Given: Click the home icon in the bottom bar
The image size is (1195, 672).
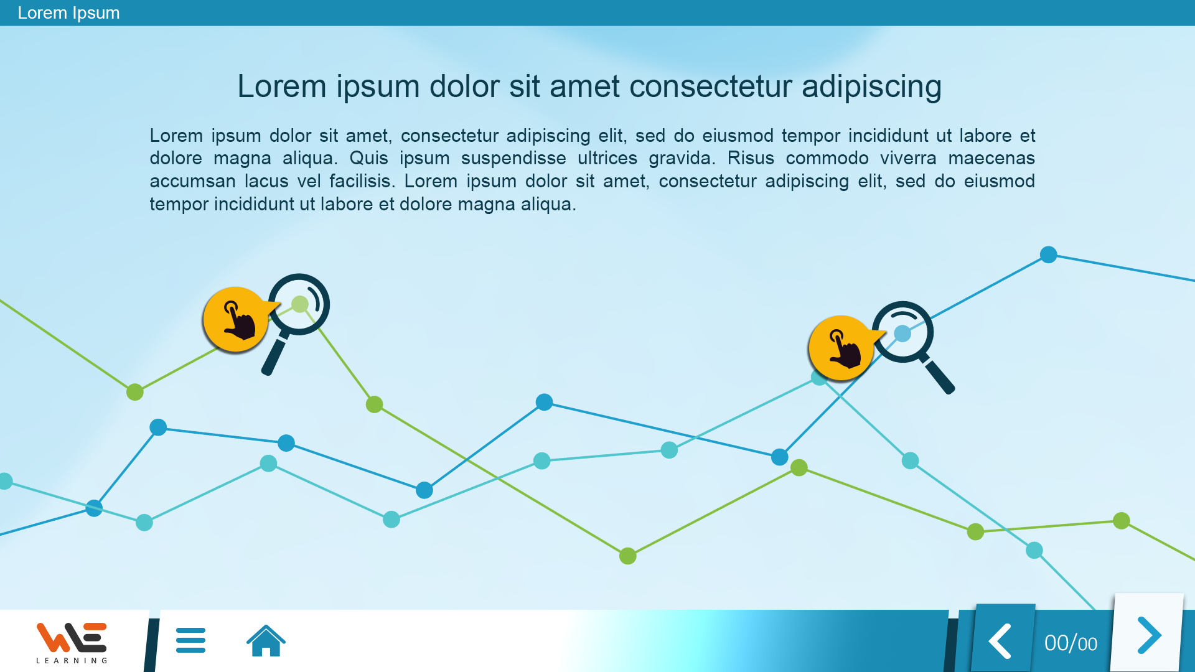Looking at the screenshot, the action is coord(266,640).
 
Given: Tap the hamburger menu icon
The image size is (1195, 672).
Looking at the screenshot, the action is coord(190,640).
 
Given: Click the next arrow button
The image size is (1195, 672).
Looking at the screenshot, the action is coord(1148,635).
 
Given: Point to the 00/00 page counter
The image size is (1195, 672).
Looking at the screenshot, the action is coord(1071,643).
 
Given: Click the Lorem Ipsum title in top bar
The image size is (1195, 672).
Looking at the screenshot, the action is coord(68,13).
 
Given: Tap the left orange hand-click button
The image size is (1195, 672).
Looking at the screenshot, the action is coord(236,320).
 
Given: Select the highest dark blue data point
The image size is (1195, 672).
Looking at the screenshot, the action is coord(1049,254).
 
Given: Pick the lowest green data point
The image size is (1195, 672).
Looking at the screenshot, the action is coord(628,556).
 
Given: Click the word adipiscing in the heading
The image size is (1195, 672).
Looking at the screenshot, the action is coord(871,87).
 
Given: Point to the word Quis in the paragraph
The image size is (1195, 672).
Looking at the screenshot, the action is coord(368,159).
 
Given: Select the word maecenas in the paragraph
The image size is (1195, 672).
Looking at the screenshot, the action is coord(991,159).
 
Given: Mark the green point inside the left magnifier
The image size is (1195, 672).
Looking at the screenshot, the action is coord(300,304).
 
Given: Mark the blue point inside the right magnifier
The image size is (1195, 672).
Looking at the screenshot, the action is coord(902,334).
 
